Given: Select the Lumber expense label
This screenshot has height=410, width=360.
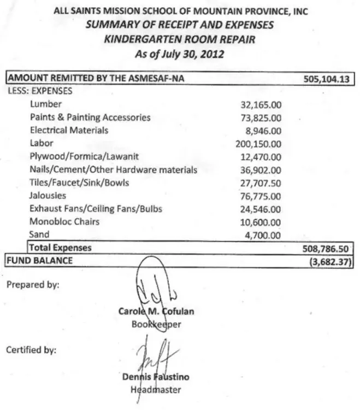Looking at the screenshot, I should click(46, 104).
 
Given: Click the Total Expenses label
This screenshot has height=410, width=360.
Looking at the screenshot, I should click(60, 248).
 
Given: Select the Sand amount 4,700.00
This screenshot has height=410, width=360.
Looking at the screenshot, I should click(263, 236).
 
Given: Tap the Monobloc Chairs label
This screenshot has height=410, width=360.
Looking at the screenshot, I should click(64, 222).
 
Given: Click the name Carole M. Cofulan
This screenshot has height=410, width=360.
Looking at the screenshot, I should click(156, 312).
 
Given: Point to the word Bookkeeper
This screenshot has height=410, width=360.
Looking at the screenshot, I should click(156, 324).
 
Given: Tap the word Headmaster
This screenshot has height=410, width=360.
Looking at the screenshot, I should click(156, 390).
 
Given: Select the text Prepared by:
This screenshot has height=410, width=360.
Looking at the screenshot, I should click(33, 284).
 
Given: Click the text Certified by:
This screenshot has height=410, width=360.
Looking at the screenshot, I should click(31, 350).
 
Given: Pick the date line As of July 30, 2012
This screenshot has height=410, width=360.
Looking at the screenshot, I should click(179, 54).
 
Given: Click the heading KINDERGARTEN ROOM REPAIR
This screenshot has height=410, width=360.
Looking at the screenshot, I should click(179, 39).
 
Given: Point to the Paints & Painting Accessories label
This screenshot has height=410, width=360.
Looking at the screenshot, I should click(90, 117).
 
